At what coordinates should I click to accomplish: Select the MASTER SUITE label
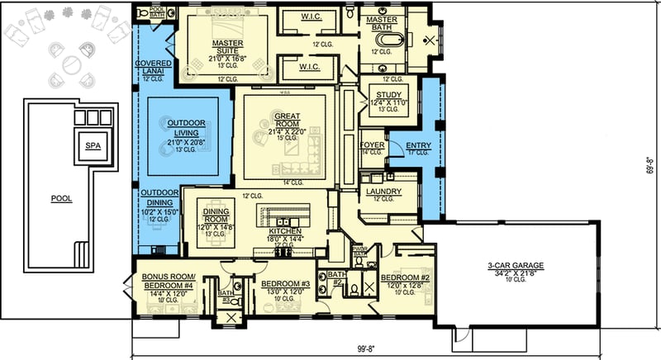click(x=226, y=46)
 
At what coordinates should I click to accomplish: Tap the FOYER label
click(x=373, y=145)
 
